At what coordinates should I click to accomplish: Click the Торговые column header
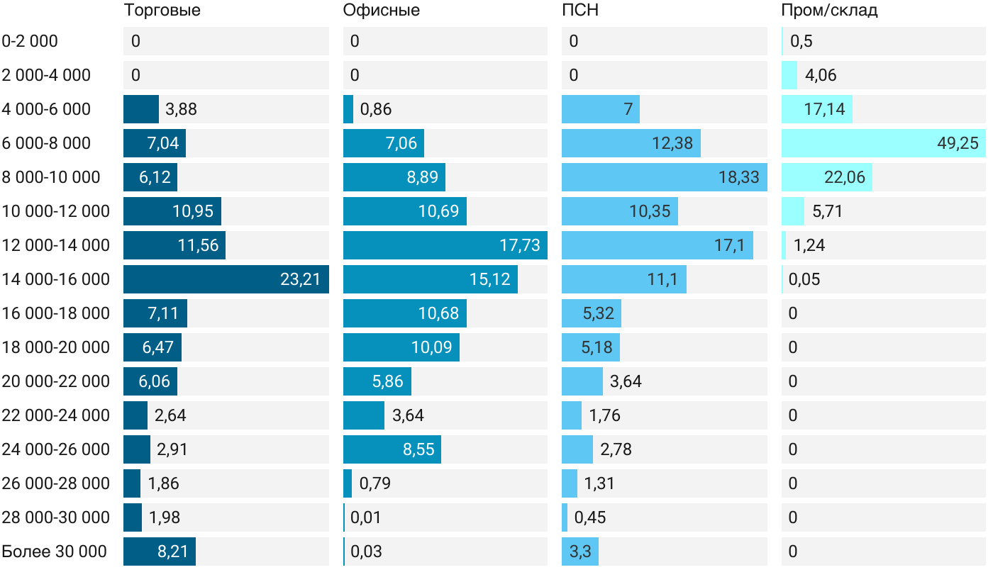pos(162,11)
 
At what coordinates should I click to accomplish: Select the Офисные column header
pos(381,11)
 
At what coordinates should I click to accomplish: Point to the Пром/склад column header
pos(829,11)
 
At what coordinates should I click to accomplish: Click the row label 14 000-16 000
pos(56,279)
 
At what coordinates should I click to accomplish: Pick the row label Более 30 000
pos(55,551)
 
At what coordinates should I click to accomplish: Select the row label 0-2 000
pos(30,41)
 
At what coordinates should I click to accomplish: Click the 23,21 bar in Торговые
pos(226,279)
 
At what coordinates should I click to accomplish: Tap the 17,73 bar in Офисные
pos(445,245)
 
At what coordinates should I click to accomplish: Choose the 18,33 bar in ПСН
pos(664,177)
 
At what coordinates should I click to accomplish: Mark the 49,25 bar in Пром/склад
pos(883,143)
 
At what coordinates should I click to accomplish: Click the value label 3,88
pos(181,109)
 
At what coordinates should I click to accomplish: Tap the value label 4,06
pos(821,75)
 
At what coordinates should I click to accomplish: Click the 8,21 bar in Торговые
pos(159,551)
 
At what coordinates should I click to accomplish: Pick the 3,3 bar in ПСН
pos(579,551)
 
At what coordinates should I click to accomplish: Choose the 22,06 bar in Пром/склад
pos(826,177)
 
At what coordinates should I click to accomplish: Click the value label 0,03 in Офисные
pos(366,551)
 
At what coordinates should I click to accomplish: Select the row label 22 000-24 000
pos(56,415)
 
